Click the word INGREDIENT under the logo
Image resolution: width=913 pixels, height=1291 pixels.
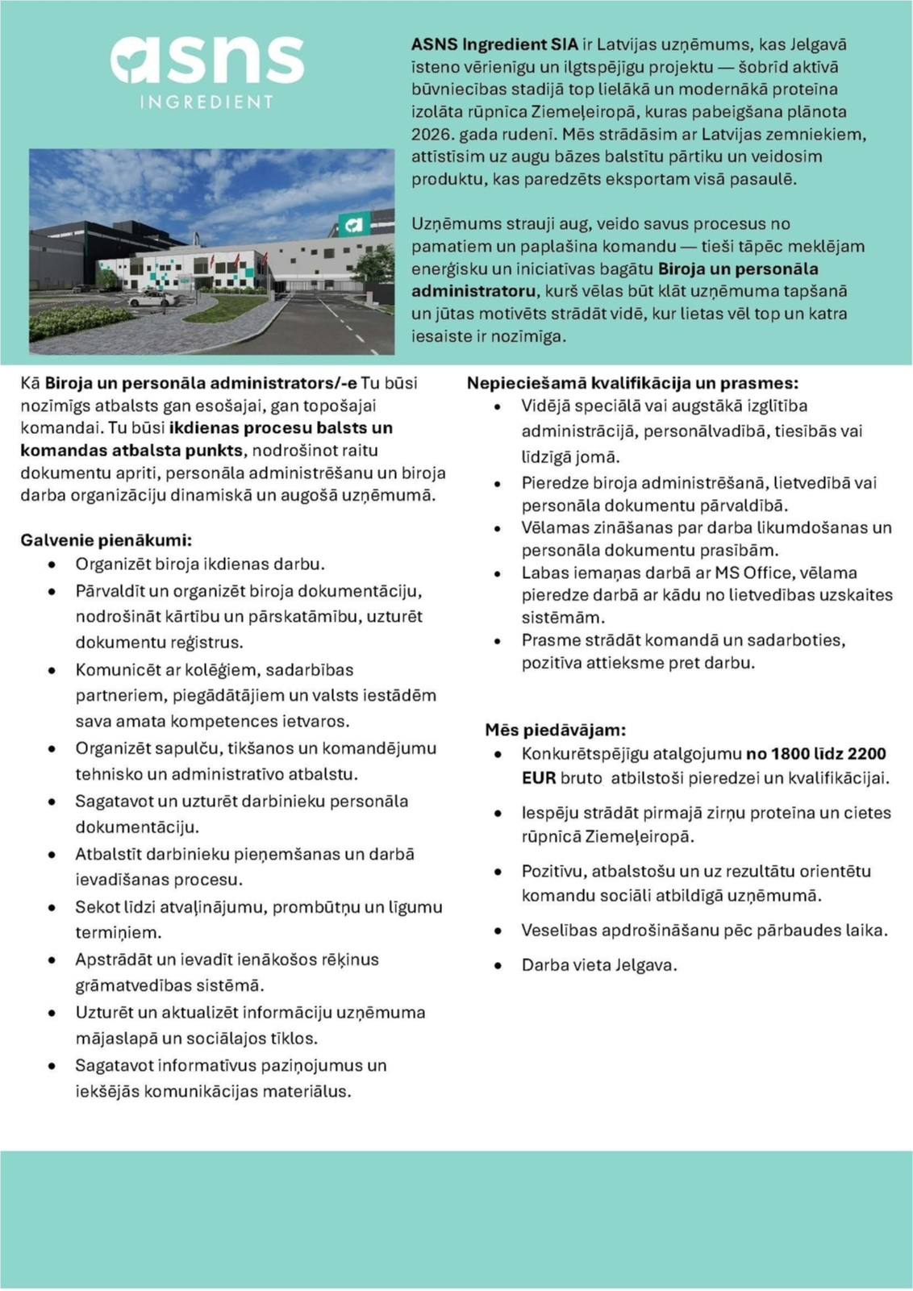(x=207, y=102)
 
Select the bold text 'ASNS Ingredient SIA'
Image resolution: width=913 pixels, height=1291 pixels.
(x=494, y=44)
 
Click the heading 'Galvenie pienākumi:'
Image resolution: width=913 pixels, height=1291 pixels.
(x=106, y=540)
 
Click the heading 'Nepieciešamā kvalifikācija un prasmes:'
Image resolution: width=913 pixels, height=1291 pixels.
(x=632, y=383)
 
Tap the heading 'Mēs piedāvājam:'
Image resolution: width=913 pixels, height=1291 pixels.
(x=555, y=730)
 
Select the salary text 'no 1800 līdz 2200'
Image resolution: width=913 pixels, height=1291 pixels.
(x=815, y=754)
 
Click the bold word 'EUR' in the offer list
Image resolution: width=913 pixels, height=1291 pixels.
(x=538, y=778)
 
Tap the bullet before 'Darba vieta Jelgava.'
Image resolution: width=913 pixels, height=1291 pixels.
(x=498, y=965)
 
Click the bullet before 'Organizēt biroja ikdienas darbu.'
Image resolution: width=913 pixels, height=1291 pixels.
(x=52, y=564)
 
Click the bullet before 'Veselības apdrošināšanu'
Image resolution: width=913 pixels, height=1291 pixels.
(x=498, y=931)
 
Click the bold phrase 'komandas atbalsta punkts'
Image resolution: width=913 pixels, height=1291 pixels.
(x=131, y=450)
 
